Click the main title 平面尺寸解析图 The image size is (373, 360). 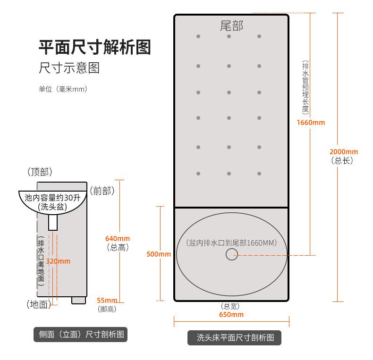[95, 47]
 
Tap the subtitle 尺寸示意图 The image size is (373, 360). [69, 68]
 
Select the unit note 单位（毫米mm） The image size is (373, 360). [63, 89]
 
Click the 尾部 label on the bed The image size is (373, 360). [231, 25]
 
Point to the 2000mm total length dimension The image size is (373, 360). [344, 152]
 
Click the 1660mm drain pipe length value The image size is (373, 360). [311, 123]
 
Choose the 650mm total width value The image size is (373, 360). [231, 315]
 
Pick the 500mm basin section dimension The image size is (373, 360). [159, 254]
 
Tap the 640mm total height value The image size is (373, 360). [118, 238]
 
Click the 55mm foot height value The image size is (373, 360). [107, 301]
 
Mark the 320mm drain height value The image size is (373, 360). [58, 261]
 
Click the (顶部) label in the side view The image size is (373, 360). [40, 172]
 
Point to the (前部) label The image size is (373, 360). [102, 191]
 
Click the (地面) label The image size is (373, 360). [39, 304]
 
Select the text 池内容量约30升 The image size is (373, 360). [52, 198]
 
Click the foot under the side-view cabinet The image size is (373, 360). [78, 301]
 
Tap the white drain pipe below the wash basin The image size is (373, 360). [53, 222]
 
